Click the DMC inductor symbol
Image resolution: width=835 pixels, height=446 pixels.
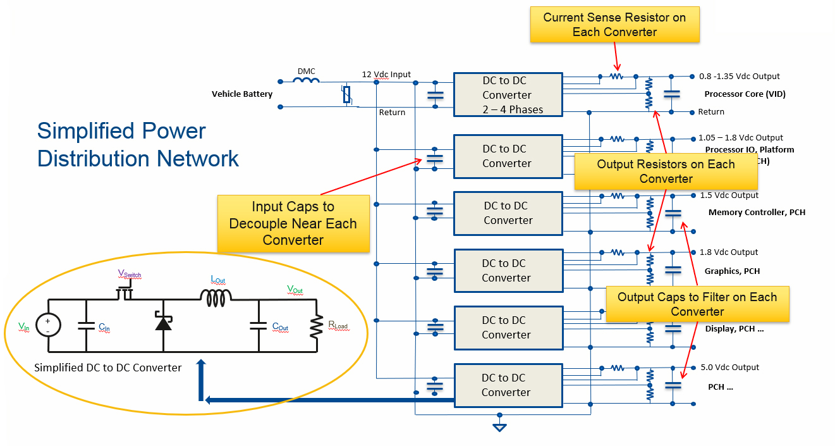307,80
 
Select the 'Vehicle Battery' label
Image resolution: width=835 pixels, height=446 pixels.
242,94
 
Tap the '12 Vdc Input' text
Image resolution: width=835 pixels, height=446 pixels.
386,74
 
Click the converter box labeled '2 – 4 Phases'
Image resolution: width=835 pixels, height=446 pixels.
508,95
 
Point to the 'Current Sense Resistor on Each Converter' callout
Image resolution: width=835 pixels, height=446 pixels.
614,25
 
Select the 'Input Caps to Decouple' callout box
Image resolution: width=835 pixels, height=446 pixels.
293,223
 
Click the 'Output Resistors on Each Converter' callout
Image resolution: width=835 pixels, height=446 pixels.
666,171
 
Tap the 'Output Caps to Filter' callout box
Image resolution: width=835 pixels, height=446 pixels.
697,304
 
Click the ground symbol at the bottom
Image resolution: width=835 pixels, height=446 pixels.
499,427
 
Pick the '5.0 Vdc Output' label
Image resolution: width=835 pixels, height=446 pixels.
729,368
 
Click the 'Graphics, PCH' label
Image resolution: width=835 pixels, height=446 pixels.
732,271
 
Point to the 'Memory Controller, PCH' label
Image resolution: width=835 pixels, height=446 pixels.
757,213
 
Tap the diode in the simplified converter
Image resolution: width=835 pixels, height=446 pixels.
163,323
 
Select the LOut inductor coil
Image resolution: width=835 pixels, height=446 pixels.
216,294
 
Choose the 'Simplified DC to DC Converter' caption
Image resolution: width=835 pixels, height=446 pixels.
108,368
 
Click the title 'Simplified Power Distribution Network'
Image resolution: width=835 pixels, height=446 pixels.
138,144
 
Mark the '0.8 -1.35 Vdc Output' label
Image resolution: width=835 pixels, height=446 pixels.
740,77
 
